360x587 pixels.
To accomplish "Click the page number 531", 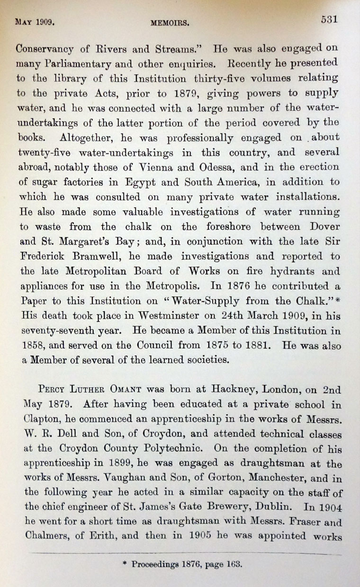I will coord(328,19).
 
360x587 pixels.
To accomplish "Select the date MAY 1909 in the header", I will coord(36,22).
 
